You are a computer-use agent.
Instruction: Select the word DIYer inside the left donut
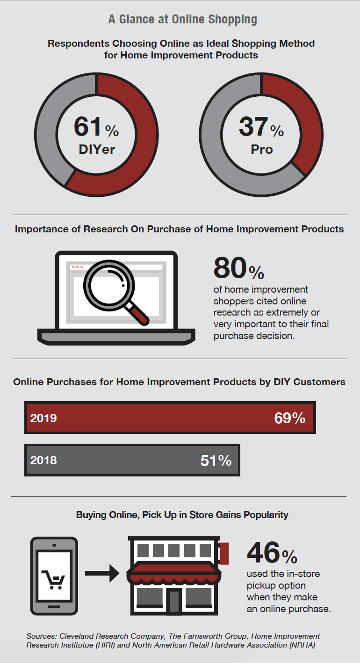click(x=97, y=150)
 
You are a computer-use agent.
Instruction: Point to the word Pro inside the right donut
click(x=262, y=150)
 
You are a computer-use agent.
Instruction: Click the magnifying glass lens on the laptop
click(x=109, y=285)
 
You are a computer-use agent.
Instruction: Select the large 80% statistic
click(x=238, y=268)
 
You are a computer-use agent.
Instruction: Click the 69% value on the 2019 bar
click(x=289, y=418)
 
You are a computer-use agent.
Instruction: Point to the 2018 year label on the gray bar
click(x=43, y=460)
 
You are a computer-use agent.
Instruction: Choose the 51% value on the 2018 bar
click(x=216, y=461)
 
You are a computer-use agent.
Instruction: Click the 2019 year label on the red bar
click(x=43, y=418)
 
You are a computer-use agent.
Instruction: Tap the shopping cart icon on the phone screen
click(x=54, y=579)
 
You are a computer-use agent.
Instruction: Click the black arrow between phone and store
click(x=102, y=573)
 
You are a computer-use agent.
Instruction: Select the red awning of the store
click(x=174, y=573)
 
